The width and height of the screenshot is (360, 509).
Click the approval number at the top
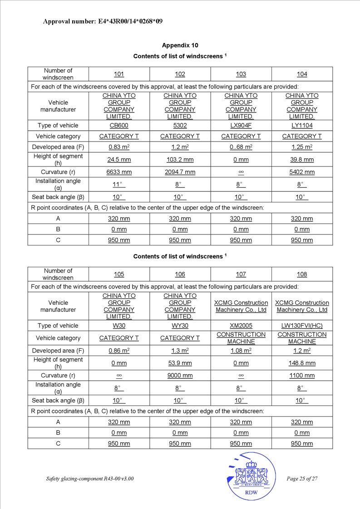pyautogui.click(x=103, y=21)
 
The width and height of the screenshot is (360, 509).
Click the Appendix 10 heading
pyautogui.click(x=180, y=45)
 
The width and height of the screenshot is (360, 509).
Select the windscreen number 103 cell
pyautogui.click(x=241, y=74)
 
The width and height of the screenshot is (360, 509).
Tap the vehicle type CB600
pyautogui.click(x=119, y=126)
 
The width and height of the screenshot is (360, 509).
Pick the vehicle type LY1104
pyautogui.click(x=302, y=126)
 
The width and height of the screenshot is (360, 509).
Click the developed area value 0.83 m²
pyautogui.click(x=119, y=147)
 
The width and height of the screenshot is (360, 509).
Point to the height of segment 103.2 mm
pyautogui.click(x=180, y=160)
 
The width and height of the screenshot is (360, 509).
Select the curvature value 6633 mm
pyautogui.click(x=119, y=172)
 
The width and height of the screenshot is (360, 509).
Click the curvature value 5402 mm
pyautogui.click(x=302, y=172)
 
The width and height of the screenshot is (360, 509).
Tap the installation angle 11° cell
pyautogui.click(x=119, y=185)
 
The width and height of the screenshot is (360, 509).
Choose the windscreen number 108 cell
pyautogui.click(x=302, y=274)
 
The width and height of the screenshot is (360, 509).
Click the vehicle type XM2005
pyautogui.click(x=241, y=326)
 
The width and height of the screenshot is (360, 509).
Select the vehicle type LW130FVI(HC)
pyautogui.click(x=302, y=326)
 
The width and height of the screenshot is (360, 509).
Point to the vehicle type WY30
pyautogui.click(x=180, y=326)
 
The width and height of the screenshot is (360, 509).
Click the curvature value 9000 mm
pyautogui.click(x=180, y=376)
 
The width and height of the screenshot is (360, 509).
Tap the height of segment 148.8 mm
pyautogui.click(x=302, y=363)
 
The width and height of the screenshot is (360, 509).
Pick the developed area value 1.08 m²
pyautogui.click(x=241, y=351)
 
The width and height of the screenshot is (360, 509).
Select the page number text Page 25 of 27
pyautogui.click(x=302, y=479)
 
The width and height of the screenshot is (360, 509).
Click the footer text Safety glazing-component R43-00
pyautogui.click(x=90, y=479)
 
